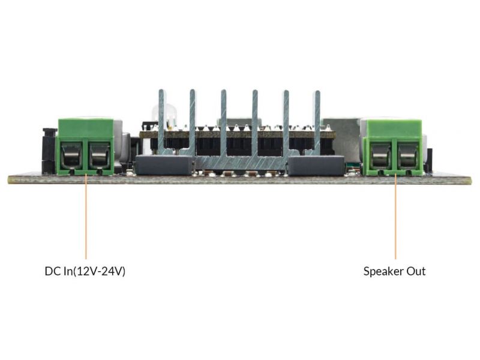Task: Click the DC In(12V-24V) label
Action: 85,271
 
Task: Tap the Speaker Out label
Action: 394,271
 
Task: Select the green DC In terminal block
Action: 85,147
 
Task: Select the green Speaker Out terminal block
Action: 395,148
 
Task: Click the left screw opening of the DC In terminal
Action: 71,156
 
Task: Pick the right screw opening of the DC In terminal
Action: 99,156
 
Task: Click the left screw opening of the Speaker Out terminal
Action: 381,156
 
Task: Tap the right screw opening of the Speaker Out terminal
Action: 409,156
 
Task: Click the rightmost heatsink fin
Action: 317,122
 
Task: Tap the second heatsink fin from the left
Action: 193,122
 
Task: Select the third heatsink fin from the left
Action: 224,123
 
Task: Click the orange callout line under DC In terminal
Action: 86,217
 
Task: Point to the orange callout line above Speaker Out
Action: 395,217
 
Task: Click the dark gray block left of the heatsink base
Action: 164,165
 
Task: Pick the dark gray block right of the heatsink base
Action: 316,166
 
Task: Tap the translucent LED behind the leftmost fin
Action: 162,115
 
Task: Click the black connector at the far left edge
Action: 49,151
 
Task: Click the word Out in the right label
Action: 416,271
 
